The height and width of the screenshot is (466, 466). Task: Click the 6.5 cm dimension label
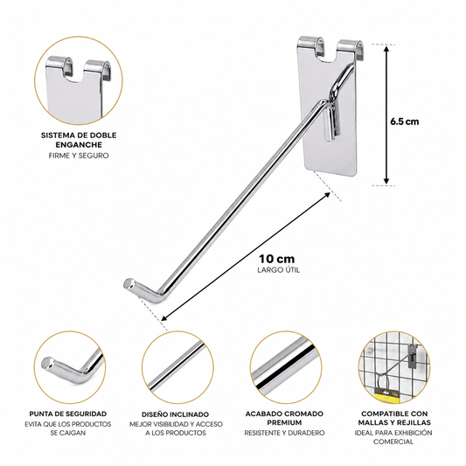(x=405, y=122)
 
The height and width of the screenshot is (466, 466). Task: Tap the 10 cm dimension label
(x=276, y=259)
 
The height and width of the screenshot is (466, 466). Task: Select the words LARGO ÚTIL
(x=279, y=270)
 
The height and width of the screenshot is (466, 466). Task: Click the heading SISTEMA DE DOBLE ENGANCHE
(x=79, y=140)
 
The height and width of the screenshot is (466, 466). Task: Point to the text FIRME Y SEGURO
(x=79, y=156)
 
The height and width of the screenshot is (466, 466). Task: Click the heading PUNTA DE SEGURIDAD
(x=68, y=414)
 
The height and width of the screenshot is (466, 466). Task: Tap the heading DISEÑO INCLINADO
(x=176, y=414)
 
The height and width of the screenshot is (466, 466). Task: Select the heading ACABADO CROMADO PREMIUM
(x=284, y=418)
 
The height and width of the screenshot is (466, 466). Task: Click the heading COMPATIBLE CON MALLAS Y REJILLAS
(x=394, y=418)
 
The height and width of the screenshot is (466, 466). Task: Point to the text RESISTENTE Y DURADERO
(x=284, y=433)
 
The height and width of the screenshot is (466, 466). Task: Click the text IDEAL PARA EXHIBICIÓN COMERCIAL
(x=393, y=437)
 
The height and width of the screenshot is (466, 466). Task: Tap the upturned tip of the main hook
(x=129, y=283)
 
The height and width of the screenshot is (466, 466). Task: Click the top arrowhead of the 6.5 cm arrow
(x=386, y=48)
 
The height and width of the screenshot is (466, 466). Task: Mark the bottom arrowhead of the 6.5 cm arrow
(x=386, y=181)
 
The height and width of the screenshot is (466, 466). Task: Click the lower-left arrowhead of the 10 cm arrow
(x=164, y=318)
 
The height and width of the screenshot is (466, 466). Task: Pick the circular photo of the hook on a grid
(x=394, y=367)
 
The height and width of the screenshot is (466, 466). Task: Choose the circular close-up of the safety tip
(x=70, y=367)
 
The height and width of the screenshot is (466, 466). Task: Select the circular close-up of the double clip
(x=79, y=80)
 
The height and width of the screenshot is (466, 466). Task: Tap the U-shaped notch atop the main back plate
(x=330, y=54)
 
